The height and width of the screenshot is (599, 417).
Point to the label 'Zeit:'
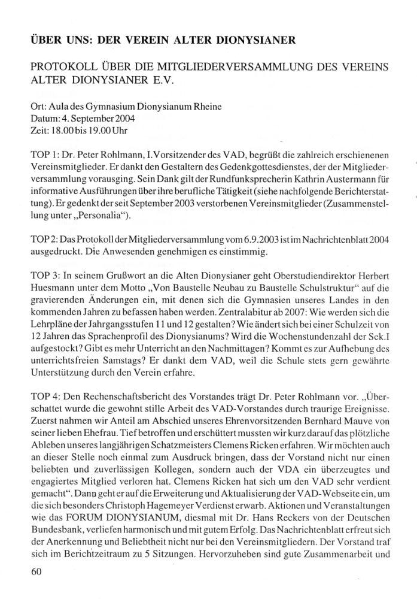click(x=39, y=129)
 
